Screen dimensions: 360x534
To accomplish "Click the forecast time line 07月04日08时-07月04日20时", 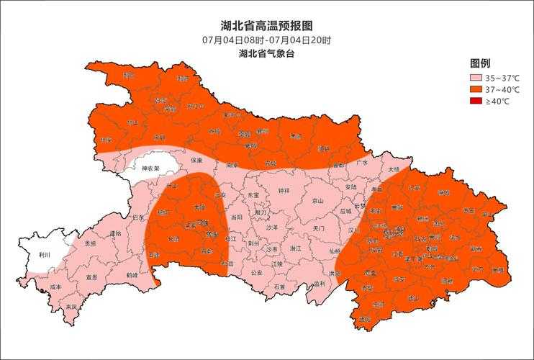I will click(x=266, y=40).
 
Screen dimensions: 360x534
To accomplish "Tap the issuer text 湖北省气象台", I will click(x=266, y=53).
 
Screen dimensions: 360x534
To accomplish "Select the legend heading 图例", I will click(x=480, y=63).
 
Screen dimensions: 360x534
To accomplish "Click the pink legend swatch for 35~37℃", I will click(x=475, y=78).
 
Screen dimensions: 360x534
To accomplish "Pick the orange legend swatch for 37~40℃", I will click(x=475, y=89).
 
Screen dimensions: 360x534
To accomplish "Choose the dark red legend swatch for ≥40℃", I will click(x=475, y=102).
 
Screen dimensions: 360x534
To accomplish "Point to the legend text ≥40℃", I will click(x=497, y=102).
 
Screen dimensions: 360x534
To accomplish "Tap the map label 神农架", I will click(x=150, y=169).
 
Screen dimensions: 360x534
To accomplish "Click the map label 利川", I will click(x=45, y=255).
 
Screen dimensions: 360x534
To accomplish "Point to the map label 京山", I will click(x=317, y=201).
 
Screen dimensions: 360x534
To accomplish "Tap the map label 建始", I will click(x=116, y=233).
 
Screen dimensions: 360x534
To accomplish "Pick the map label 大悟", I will click(x=393, y=169).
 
